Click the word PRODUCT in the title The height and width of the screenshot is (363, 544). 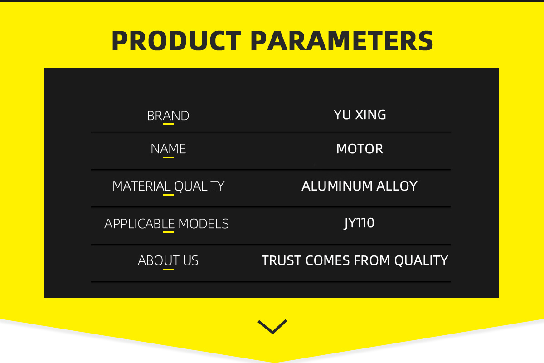[x=176, y=41]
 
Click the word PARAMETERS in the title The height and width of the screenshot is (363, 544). [x=342, y=41]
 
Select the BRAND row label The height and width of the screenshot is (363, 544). [x=168, y=116]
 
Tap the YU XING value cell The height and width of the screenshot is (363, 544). [x=359, y=115]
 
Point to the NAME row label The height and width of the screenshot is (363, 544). [x=168, y=149]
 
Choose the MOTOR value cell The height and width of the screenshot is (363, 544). [x=359, y=149]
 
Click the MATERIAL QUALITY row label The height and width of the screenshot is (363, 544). [x=168, y=186]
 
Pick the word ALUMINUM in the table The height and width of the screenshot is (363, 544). [x=337, y=186]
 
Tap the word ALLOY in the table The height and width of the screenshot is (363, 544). [x=397, y=186]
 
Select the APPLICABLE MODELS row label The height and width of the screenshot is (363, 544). [x=167, y=224]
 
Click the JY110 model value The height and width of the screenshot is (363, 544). [x=359, y=223]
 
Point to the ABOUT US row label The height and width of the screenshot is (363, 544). [x=168, y=260]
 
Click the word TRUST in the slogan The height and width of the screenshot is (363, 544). [x=282, y=260]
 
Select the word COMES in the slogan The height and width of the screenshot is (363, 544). [x=328, y=260]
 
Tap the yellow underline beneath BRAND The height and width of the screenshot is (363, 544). [x=168, y=124]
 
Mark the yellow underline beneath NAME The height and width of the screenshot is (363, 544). [x=169, y=157]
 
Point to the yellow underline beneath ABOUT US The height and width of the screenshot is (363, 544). [x=169, y=270]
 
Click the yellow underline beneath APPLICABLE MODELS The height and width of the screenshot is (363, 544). [x=169, y=232]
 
